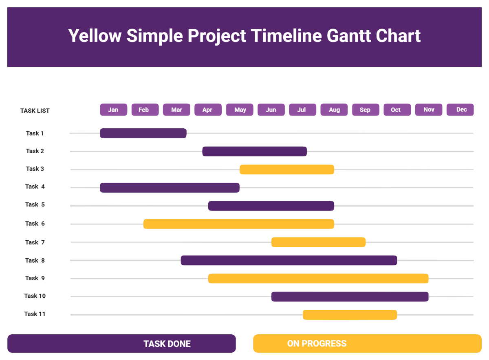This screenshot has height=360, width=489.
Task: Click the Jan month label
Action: point(113,110)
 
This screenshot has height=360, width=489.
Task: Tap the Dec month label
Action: point(460,110)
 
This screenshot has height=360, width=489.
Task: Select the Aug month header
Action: point(334,110)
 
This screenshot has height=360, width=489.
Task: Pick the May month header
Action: point(240,110)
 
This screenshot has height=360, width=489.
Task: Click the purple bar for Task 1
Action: point(143,133)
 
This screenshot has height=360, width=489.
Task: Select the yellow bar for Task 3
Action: point(286,169)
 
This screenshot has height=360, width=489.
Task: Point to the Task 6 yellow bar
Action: point(238,224)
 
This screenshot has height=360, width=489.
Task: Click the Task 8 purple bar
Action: point(289,260)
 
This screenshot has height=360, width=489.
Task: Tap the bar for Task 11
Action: point(350,315)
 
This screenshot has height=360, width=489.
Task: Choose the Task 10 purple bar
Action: point(350,296)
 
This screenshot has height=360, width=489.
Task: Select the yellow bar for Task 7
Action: point(318,242)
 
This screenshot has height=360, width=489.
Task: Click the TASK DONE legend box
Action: point(121,343)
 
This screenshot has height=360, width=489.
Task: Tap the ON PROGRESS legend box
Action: point(367,343)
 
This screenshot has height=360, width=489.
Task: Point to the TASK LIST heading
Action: point(35,111)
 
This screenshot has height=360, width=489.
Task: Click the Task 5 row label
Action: point(35,204)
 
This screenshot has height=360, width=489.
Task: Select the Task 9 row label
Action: point(35,278)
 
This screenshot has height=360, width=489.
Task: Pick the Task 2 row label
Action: point(35,151)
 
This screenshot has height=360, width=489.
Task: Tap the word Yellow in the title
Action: point(95,36)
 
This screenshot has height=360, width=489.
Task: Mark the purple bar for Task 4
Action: point(170,188)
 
